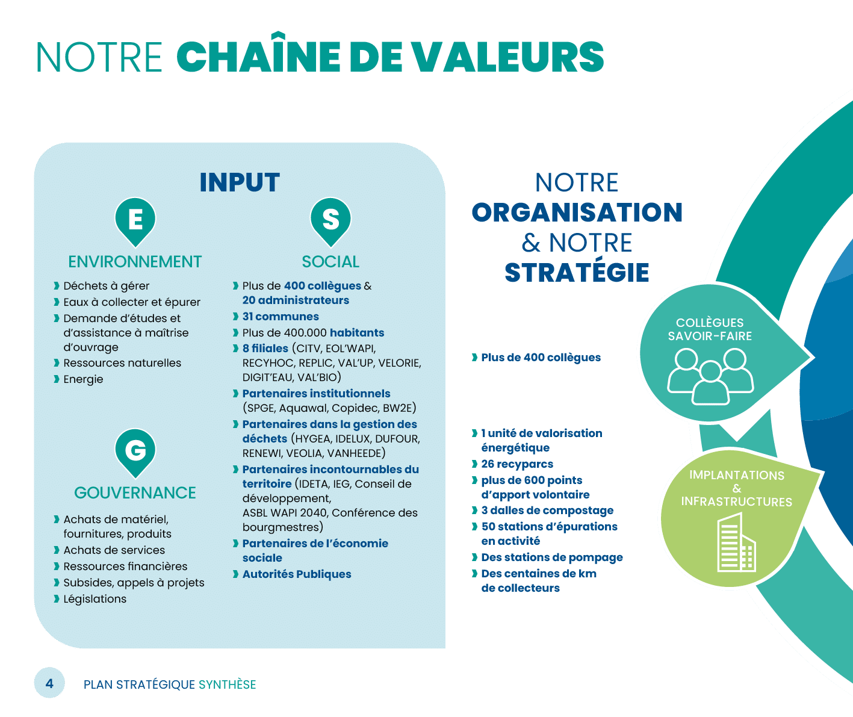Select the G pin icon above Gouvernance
point(135,450)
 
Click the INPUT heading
point(240,182)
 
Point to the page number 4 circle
point(49,683)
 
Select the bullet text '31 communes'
point(281,317)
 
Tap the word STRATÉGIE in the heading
point(577,273)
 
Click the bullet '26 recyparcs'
point(516,464)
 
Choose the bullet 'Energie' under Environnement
point(83,379)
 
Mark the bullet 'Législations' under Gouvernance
point(95,599)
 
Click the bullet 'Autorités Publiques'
point(297,574)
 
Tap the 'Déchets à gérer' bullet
point(107,286)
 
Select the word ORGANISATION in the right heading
point(577,213)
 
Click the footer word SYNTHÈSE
point(228,684)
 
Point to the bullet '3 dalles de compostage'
point(547,511)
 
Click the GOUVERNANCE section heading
point(135,493)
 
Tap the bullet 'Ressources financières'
point(125,566)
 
